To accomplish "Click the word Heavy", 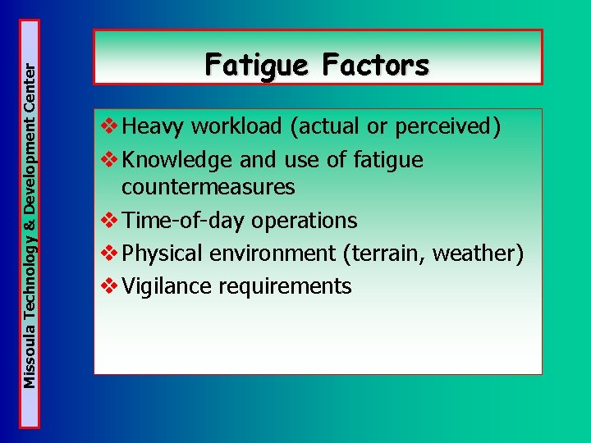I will coord(153,128).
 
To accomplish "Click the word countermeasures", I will coord(208,188).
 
